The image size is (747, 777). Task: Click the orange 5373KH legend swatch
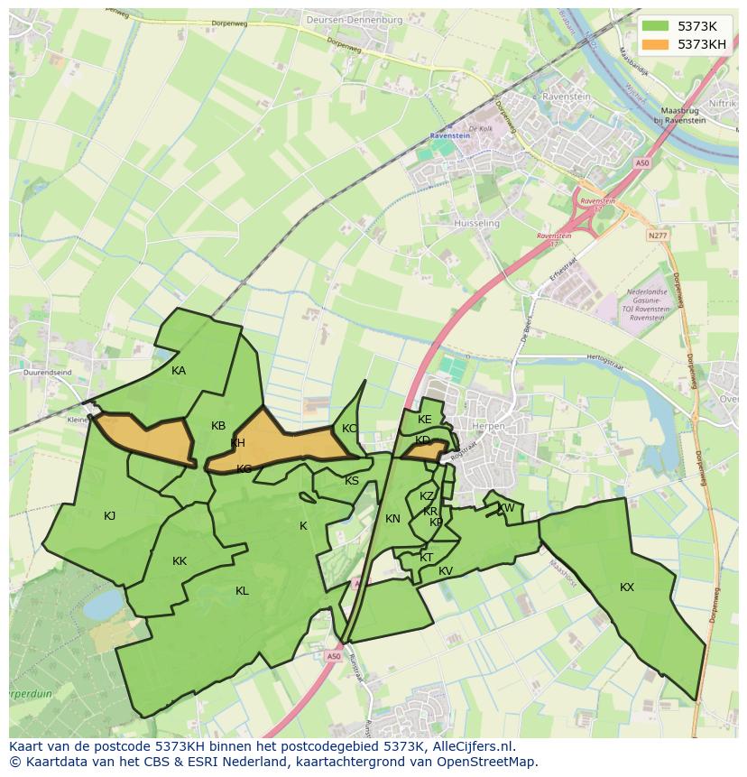(657, 43)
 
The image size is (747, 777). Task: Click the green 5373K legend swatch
(657, 25)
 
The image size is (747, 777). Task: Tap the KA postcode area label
(179, 371)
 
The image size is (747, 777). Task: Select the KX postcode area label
(627, 587)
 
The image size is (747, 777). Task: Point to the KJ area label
(109, 516)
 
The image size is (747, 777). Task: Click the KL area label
(242, 591)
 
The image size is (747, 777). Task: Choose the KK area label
(180, 561)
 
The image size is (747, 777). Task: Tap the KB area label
(218, 426)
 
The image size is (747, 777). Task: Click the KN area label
(392, 519)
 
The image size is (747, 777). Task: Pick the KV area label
(446, 571)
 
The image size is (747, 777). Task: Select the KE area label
(425, 420)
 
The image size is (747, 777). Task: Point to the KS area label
(352, 481)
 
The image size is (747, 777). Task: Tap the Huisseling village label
(477, 223)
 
